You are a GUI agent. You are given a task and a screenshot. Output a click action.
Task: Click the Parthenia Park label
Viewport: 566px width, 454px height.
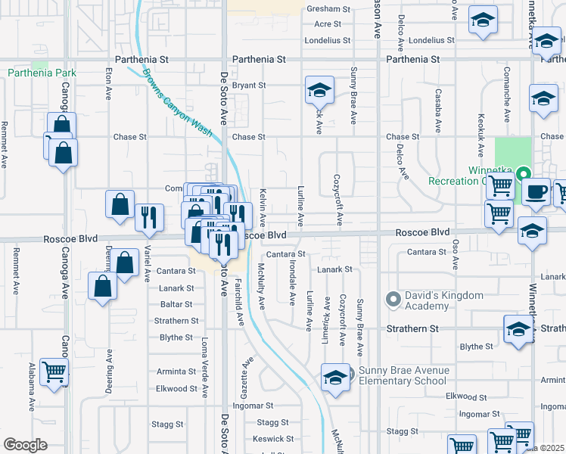42,73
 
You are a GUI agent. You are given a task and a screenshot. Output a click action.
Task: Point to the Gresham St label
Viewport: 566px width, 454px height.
328,10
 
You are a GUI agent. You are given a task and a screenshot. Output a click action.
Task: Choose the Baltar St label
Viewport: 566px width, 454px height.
176,305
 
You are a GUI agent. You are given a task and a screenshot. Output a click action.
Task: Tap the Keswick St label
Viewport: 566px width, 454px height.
273,439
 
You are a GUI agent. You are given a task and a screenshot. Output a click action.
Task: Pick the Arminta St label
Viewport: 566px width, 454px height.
176,372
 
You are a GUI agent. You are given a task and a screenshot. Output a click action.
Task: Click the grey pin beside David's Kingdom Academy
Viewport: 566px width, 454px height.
393,300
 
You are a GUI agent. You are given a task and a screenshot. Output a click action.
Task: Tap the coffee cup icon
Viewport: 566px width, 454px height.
536,191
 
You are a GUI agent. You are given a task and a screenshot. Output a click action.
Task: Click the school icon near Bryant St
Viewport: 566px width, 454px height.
319,91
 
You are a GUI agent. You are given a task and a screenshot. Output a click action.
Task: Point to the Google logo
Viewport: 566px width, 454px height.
26,445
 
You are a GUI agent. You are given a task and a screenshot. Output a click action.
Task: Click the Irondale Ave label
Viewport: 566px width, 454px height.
292,284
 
